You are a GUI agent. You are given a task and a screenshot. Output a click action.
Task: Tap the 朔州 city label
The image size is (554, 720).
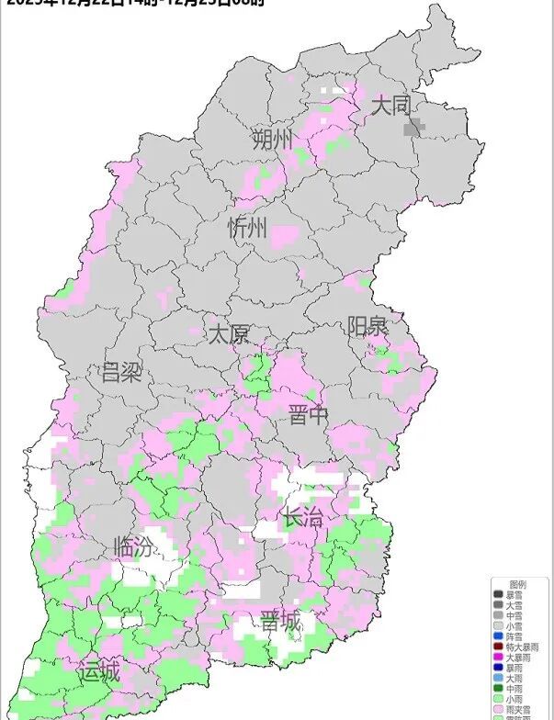click(x=274, y=140)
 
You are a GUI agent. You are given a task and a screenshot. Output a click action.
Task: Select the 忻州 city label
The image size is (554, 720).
click(x=247, y=228)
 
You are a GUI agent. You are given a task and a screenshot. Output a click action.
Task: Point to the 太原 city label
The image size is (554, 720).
click(x=228, y=333)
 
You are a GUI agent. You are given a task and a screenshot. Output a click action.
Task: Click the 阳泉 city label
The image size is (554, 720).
click(x=367, y=326)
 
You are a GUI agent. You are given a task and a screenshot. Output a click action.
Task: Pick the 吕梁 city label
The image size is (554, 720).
click(x=121, y=372)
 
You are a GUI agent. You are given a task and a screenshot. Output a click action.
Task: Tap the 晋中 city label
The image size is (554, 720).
click(x=309, y=415)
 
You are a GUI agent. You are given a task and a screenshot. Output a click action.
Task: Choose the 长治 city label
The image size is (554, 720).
click(x=302, y=517)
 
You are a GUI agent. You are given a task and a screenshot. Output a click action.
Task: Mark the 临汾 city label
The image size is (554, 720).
click(x=134, y=547)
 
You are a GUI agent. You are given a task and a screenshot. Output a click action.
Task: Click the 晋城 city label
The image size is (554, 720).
click(x=280, y=622)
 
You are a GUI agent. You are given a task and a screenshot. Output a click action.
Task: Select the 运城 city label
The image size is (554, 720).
click(x=98, y=671)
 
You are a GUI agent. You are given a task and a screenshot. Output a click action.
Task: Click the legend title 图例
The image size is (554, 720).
click(x=519, y=584)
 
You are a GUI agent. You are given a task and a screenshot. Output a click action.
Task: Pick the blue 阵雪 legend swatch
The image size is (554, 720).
click(x=498, y=636)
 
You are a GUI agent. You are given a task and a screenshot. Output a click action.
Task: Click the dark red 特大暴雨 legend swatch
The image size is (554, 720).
click(x=498, y=646)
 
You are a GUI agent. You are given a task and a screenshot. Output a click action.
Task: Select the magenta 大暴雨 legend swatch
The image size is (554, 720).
click(x=498, y=657)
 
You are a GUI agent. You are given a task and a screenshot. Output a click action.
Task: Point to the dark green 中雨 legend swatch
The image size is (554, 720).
click(x=498, y=688)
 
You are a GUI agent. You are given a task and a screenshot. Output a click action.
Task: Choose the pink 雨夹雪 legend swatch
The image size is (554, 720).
click(x=498, y=708)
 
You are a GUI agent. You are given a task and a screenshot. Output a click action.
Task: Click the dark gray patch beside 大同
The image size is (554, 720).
click(x=415, y=127)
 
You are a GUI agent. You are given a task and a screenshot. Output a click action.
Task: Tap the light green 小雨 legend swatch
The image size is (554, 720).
click(x=498, y=698)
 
